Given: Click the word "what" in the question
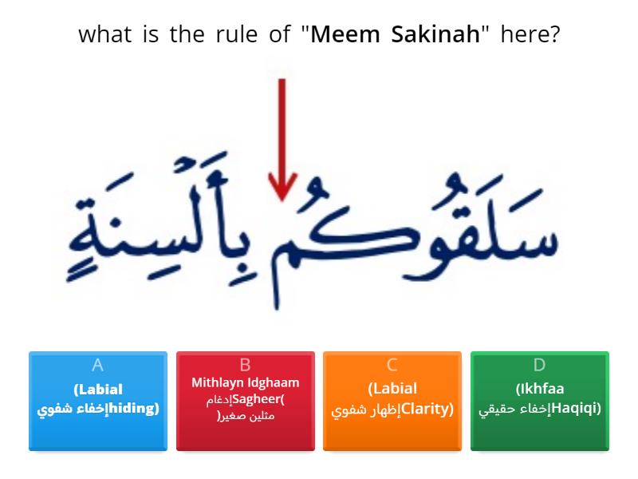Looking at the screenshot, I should click(x=104, y=35).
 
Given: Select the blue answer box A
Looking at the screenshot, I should click(x=98, y=401).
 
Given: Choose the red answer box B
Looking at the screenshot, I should click(x=246, y=401).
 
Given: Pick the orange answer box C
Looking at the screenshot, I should click(x=392, y=401).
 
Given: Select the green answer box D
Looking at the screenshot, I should click(x=540, y=401).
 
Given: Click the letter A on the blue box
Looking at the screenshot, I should click(x=98, y=366).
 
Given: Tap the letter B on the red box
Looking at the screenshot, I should click(x=246, y=366).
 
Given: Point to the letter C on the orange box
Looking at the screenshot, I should click(x=392, y=366).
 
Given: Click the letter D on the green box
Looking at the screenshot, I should click(x=540, y=366).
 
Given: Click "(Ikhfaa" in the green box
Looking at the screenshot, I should click(x=540, y=390).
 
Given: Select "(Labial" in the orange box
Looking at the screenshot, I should click(x=392, y=390).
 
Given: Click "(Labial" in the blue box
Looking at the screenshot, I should click(x=98, y=390).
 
